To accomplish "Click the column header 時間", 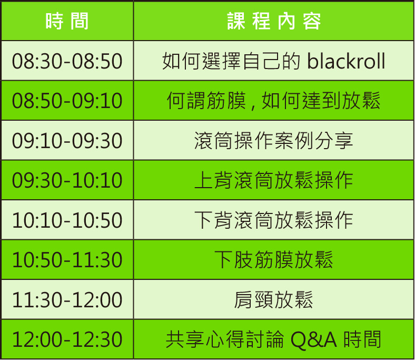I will [67, 22].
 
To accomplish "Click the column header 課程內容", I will [274, 22].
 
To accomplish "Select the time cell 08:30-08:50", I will [67, 62].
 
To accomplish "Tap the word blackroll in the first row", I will [346, 62].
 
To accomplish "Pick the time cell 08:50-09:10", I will [67, 101].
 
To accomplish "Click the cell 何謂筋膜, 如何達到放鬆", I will [273, 101].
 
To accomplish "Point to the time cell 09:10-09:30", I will [67, 141].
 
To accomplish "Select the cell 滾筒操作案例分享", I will [273, 141].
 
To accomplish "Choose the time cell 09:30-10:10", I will [67, 180].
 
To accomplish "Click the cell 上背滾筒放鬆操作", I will [273, 180].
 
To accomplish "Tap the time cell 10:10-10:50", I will [67, 220].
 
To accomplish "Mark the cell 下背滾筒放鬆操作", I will [273, 220].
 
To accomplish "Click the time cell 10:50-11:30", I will [67, 260].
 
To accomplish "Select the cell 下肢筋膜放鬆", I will [273, 260].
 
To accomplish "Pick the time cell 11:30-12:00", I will [67, 300].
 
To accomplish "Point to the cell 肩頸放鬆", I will [273, 300].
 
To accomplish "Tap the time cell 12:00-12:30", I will [67, 339].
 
